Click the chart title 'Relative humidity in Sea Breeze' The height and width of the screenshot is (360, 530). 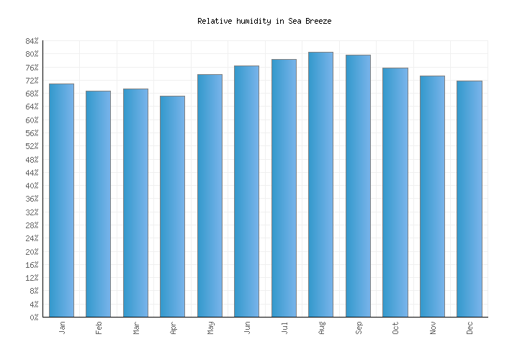264,22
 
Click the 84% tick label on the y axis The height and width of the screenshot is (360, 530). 32,41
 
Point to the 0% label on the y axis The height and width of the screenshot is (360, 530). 34,318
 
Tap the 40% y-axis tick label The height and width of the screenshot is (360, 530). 32,186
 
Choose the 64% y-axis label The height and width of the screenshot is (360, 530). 32,107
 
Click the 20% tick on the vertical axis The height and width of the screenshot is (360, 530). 32,252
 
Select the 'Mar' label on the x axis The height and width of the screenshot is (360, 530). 136,328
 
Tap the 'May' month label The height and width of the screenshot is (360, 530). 210,328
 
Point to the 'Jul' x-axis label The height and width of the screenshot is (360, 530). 284,328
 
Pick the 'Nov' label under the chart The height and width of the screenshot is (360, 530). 433,328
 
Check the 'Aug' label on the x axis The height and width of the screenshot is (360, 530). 321,328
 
